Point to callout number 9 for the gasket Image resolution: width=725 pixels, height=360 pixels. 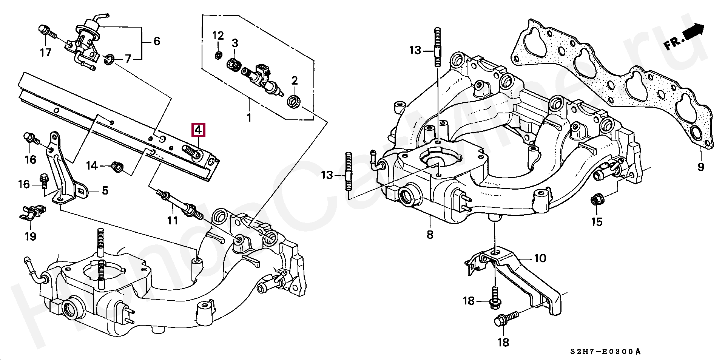[x=701, y=166]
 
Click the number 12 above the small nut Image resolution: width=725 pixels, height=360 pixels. [x=218, y=36]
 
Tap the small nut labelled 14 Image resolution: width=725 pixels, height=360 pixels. [x=117, y=166]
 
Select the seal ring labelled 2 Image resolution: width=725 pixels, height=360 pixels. [x=294, y=101]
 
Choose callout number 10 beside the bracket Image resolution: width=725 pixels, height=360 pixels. [x=540, y=258]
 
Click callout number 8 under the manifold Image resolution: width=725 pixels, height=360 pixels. [x=430, y=235]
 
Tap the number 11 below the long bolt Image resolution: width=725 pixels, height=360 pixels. [x=172, y=220]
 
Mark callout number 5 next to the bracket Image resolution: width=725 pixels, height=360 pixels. [x=105, y=191]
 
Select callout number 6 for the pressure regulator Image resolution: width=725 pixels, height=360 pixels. [x=157, y=41]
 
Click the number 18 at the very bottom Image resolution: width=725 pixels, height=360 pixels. [x=503, y=342]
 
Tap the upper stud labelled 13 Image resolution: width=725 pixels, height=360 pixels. [x=438, y=47]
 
